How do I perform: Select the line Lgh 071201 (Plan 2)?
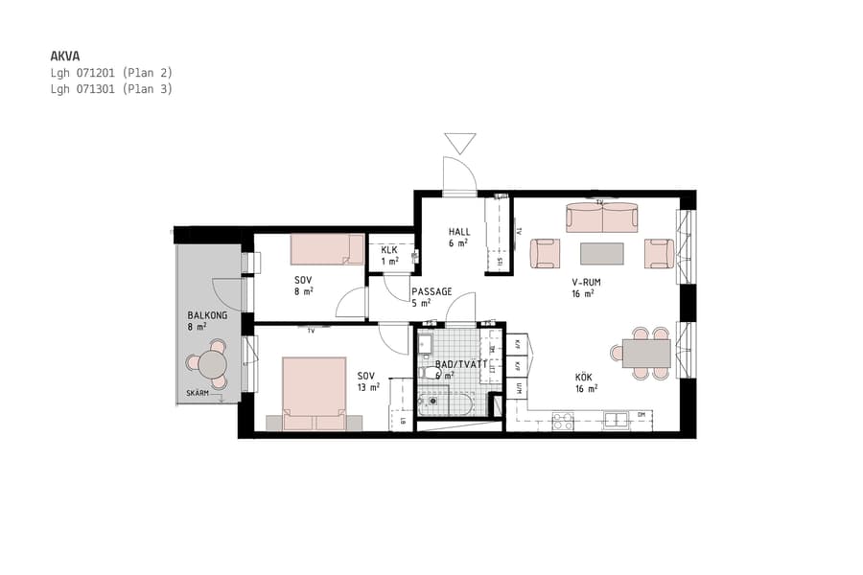[x=111, y=73]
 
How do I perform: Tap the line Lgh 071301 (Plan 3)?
[x=111, y=89]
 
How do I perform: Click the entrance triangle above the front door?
[x=460, y=143]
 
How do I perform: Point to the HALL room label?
[x=459, y=232]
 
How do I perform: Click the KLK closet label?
[x=389, y=250]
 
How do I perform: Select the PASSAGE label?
[x=431, y=291]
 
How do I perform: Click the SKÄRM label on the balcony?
[x=198, y=394]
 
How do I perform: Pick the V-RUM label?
[x=586, y=283]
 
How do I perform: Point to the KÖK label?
[x=586, y=378]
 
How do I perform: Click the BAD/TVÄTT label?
[x=454, y=365]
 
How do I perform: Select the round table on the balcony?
[x=211, y=364]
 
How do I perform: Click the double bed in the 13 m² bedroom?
[x=314, y=393]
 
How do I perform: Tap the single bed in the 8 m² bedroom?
[x=326, y=250]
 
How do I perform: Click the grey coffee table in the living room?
[x=602, y=254]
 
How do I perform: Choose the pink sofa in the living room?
[x=602, y=218]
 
